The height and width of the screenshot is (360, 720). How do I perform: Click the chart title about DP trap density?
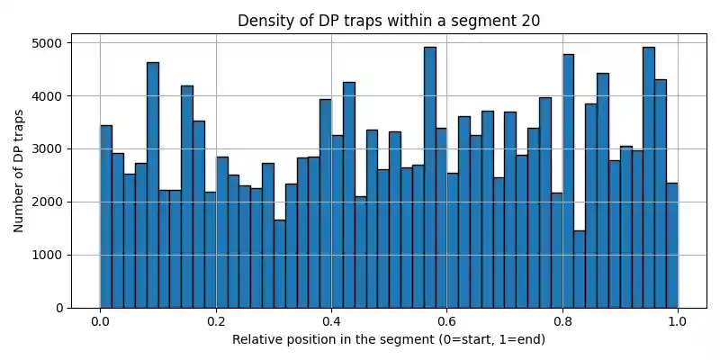[x=389, y=21]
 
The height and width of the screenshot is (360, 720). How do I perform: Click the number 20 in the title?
[x=530, y=21]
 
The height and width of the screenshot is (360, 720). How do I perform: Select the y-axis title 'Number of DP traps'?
[x=19, y=171]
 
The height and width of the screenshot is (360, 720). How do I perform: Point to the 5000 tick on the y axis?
[x=43, y=43]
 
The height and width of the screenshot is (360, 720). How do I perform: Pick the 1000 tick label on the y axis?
[x=43, y=256]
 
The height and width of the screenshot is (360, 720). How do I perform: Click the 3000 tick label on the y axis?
[x=43, y=149]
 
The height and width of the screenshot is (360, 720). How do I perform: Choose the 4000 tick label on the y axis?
[x=43, y=96]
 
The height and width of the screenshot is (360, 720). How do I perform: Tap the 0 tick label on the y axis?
[x=57, y=309]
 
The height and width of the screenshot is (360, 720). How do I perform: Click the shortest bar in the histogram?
[x=580, y=270]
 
